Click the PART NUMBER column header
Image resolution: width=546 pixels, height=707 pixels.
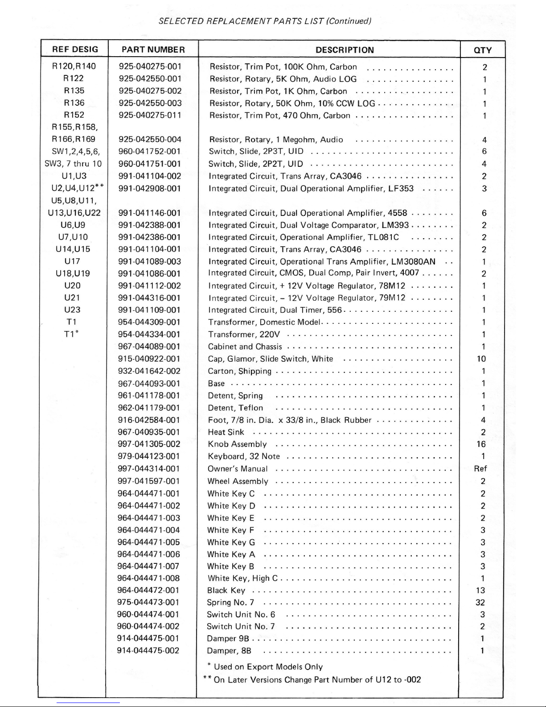click(x=153, y=50)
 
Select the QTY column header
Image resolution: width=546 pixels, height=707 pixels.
click(x=483, y=50)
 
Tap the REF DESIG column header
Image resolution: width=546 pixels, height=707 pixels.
click(x=74, y=49)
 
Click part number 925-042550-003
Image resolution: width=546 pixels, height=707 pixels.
click(x=150, y=103)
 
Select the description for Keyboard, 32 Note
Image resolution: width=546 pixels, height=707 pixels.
click(x=244, y=456)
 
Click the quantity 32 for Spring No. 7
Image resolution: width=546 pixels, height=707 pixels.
click(x=480, y=603)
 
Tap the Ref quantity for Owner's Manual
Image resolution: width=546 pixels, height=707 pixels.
click(x=480, y=469)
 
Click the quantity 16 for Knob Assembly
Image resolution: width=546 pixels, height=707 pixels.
click(x=481, y=444)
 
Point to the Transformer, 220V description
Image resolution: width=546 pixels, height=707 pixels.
click(x=244, y=335)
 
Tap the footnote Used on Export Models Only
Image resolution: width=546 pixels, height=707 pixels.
click(x=268, y=667)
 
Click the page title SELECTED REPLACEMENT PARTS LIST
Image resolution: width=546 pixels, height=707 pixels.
click(x=265, y=21)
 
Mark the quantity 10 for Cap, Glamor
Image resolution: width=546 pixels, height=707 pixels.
click(x=481, y=359)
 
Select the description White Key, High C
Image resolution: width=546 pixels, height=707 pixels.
click(x=242, y=579)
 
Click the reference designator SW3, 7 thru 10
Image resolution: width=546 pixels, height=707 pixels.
click(x=74, y=164)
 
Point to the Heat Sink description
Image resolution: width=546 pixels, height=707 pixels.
click(x=226, y=432)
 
